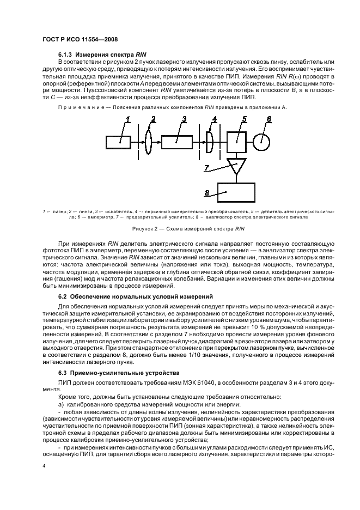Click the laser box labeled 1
click(118, 142)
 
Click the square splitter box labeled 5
click(236, 142)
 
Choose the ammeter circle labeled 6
click(261, 142)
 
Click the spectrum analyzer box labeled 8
click(236, 192)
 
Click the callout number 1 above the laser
click(127, 119)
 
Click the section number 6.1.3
click(65, 55)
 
